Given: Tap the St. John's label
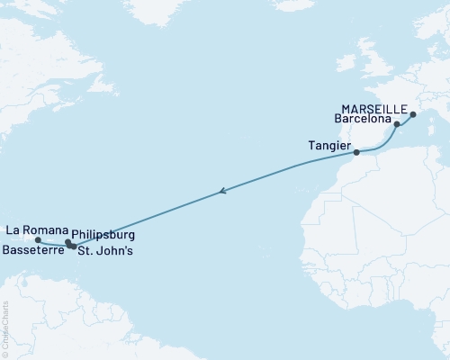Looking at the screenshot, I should pyautogui.click(x=106, y=251).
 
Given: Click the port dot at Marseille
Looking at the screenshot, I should pyautogui.click(x=413, y=114).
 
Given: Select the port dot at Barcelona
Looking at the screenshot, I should pyautogui.click(x=397, y=124).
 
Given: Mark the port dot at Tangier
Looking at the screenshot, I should pyautogui.click(x=356, y=153).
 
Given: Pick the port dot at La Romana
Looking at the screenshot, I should pyautogui.click(x=37, y=240).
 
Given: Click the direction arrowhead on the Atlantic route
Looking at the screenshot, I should pyautogui.click(x=221, y=191).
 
